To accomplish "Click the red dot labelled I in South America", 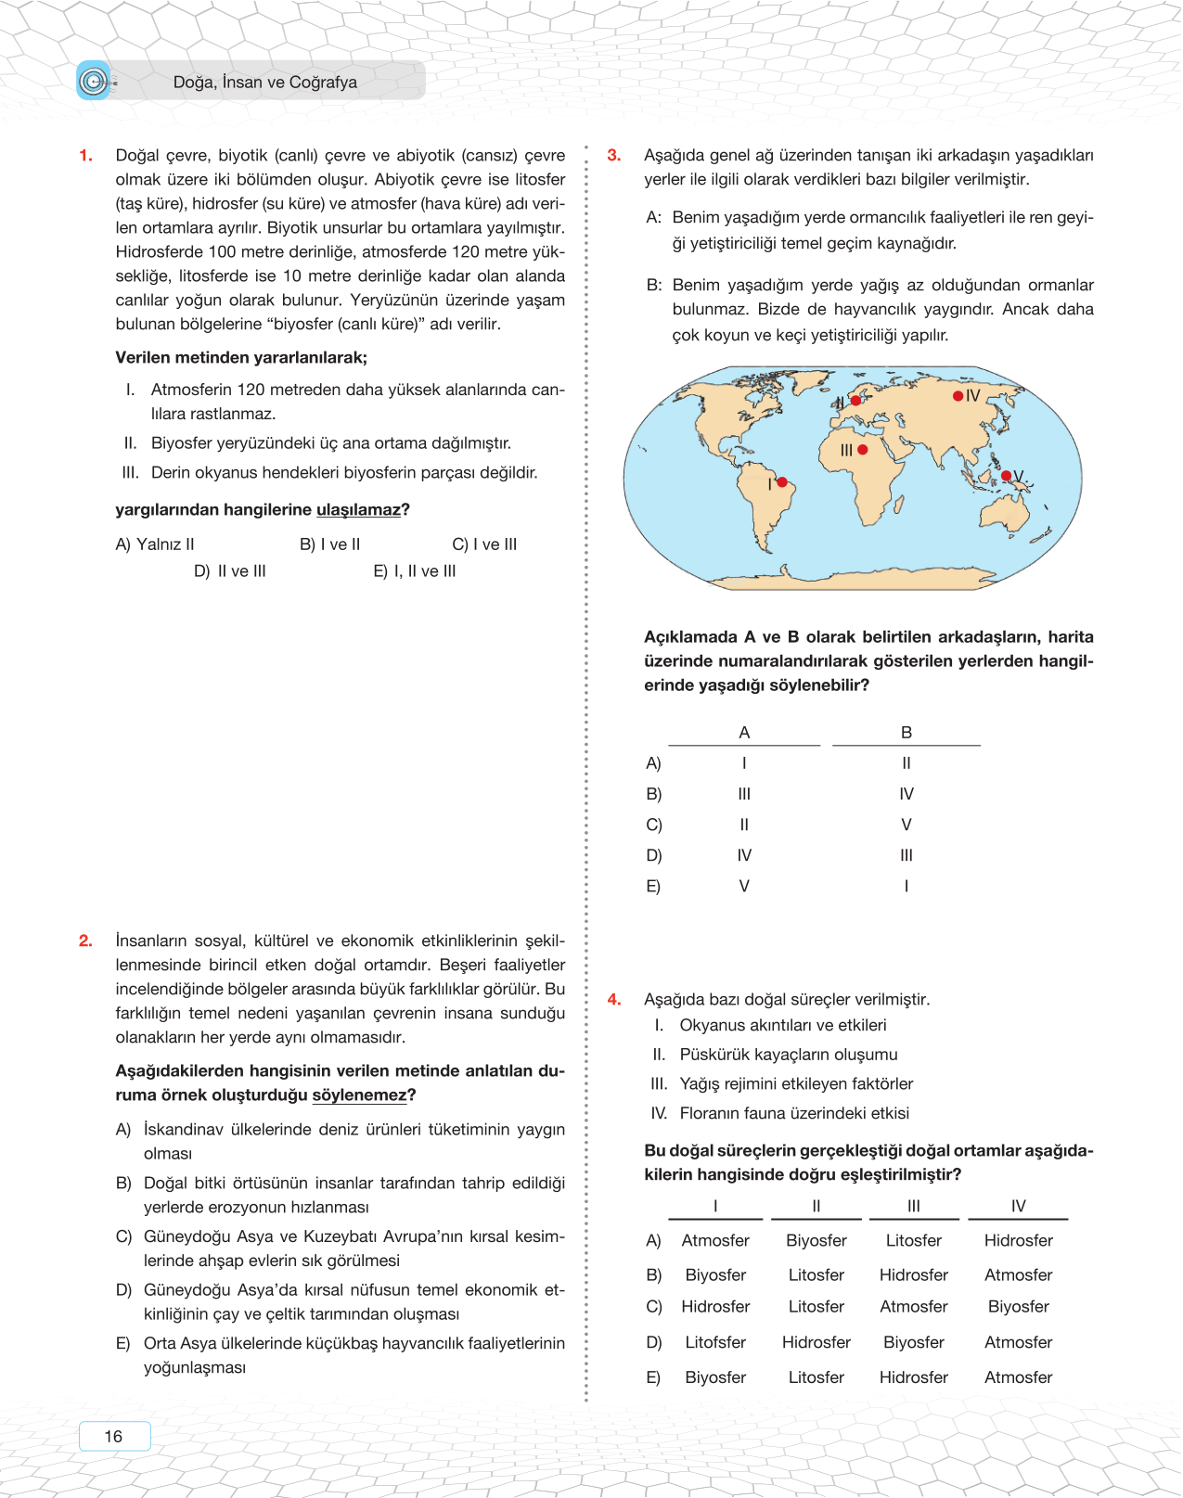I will [x=782, y=482].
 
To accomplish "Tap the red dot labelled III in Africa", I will [x=863, y=450].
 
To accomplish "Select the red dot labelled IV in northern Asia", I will [x=958, y=396].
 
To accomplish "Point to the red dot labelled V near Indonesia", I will [x=1007, y=476].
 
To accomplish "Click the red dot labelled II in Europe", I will [x=855, y=401].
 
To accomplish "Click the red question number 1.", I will [x=85, y=156].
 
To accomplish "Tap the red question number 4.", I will [x=614, y=999].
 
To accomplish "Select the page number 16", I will [x=113, y=1436].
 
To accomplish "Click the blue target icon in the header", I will [x=93, y=82].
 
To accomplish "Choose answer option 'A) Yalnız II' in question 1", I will [x=155, y=544].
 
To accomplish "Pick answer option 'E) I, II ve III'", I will [x=415, y=571].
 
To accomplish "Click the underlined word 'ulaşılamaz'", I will [x=358, y=510].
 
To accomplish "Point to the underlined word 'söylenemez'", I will [x=359, y=1095].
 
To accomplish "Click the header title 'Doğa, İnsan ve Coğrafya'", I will [x=265, y=83].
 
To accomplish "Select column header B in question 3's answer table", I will [x=907, y=733].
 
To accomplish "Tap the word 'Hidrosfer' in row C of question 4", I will [x=715, y=1307].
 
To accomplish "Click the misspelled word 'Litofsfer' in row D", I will [x=715, y=1342].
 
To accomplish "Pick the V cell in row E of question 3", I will [x=744, y=887].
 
